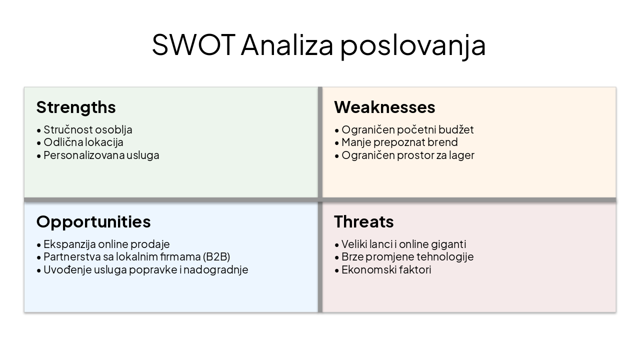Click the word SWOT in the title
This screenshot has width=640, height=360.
193,45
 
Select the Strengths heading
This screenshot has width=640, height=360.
76,107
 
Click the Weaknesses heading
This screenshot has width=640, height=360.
384,107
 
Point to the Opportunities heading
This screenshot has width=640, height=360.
93,222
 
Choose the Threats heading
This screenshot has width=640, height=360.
364,222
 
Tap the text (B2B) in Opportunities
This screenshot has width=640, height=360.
216,257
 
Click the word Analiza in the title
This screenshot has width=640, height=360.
287,45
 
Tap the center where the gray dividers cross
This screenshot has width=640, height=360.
320,200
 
